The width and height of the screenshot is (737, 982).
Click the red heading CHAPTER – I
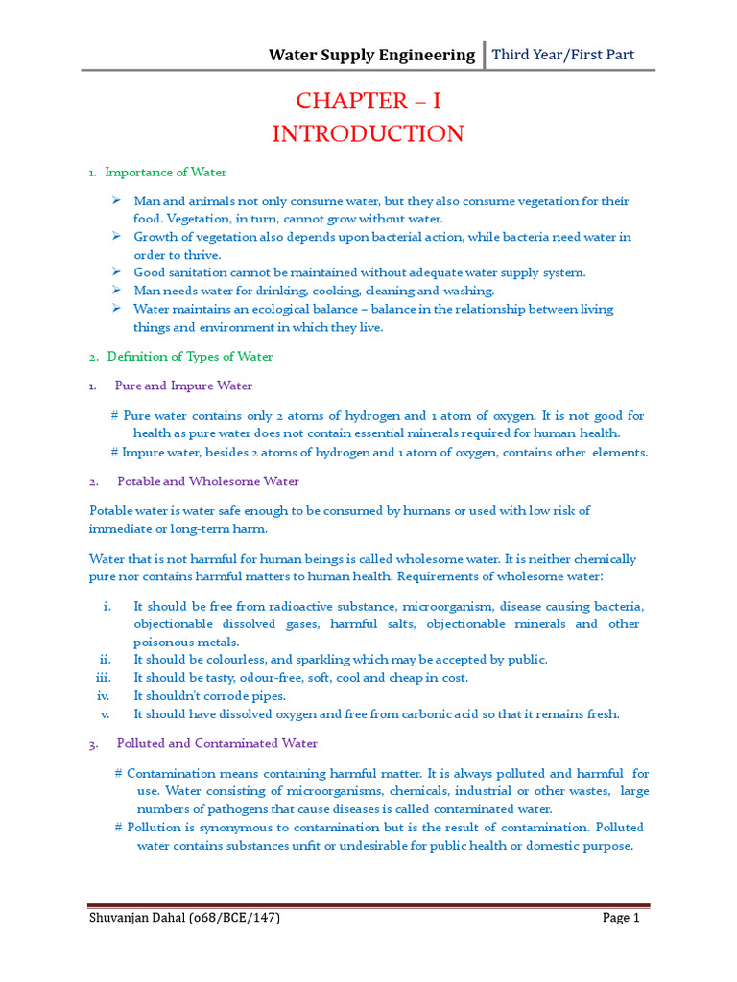pyautogui.click(x=368, y=102)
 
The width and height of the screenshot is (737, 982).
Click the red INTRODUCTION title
pyautogui.click(x=368, y=133)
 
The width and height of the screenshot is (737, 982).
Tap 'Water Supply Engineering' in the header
pyautogui.click(x=371, y=55)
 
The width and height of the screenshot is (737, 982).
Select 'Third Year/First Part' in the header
pyautogui.click(x=563, y=55)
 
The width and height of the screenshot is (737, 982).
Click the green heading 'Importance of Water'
pyautogui.click(x=165, y=173)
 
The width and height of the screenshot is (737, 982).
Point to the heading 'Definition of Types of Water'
pyautogui.click(x=189, y=357)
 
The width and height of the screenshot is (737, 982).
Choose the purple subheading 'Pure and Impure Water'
pyautogui.click(x=183, y=386)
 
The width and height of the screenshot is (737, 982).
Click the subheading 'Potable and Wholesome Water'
pyautogui.click(x=207, y=481)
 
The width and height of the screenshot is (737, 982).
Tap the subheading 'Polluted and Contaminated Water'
pyautogui.click(x=217, y=743)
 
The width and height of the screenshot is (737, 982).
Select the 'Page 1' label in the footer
pyautogui.click(x=620, y=918)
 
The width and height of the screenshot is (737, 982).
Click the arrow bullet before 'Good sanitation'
pyautogui.click(x=115, y=272)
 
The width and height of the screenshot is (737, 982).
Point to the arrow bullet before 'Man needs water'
pyautogui.click(x=115, y=290)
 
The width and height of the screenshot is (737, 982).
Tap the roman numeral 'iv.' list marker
pyautogui.click(x=104, y=695)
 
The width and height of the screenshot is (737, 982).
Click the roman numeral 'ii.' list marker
pyautogui.click(x=106, y=660)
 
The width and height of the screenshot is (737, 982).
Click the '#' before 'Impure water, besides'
pyautogui.click(x=114, y=453)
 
